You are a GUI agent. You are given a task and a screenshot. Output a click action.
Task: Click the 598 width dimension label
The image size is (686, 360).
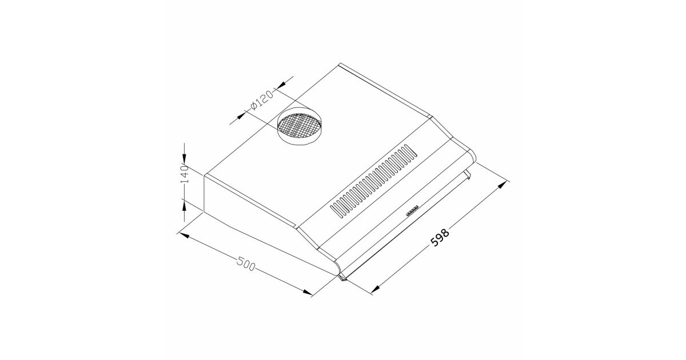click(440, 237)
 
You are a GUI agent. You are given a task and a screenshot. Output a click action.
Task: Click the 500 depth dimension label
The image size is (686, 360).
click(246, 263)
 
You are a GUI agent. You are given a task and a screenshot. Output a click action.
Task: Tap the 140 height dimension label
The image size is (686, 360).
click(185, 174)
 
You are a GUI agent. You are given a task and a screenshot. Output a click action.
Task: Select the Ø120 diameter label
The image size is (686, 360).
click(262, 100)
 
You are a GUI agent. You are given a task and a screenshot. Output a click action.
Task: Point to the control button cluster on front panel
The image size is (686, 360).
click(412, 211)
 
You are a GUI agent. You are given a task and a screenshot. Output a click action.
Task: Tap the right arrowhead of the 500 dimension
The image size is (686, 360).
click(307, 292)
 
